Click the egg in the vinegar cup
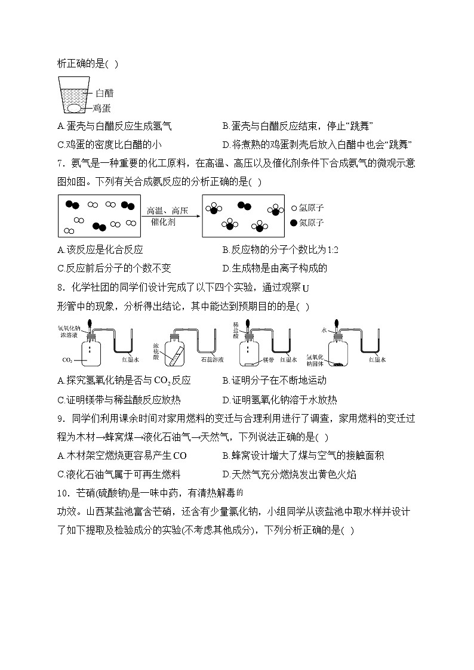74,108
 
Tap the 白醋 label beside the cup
104,93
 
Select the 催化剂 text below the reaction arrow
163,221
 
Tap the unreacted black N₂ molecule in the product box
244,206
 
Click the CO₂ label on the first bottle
67,360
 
